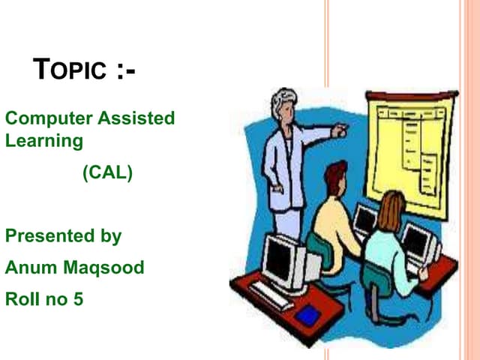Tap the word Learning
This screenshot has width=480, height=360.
click(43, 140)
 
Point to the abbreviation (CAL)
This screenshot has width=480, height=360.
click(107, 173)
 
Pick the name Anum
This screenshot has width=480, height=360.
click(29, 268)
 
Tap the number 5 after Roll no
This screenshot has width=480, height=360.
click(78, 299)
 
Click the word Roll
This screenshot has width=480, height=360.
click(21, 299)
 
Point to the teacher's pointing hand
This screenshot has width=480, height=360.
click(340, 130)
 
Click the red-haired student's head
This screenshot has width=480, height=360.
click(335, 178)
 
